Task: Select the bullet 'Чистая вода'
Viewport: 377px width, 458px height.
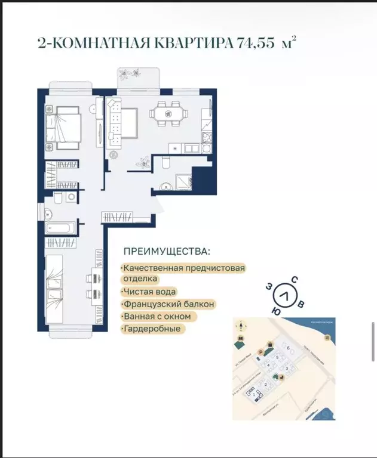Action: click(x=149, y=292)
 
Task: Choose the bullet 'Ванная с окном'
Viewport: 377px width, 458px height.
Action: click(x=157, y=316)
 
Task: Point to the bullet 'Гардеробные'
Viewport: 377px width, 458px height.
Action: click(x=152, y=329)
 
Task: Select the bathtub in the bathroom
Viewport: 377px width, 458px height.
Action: click(x=60, y=228)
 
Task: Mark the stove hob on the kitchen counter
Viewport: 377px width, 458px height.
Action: click(x=207, y=138)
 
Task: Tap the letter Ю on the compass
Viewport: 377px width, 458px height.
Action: click(x=276, y=311)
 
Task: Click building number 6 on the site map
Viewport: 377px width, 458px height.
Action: click(x=288, y=348)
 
